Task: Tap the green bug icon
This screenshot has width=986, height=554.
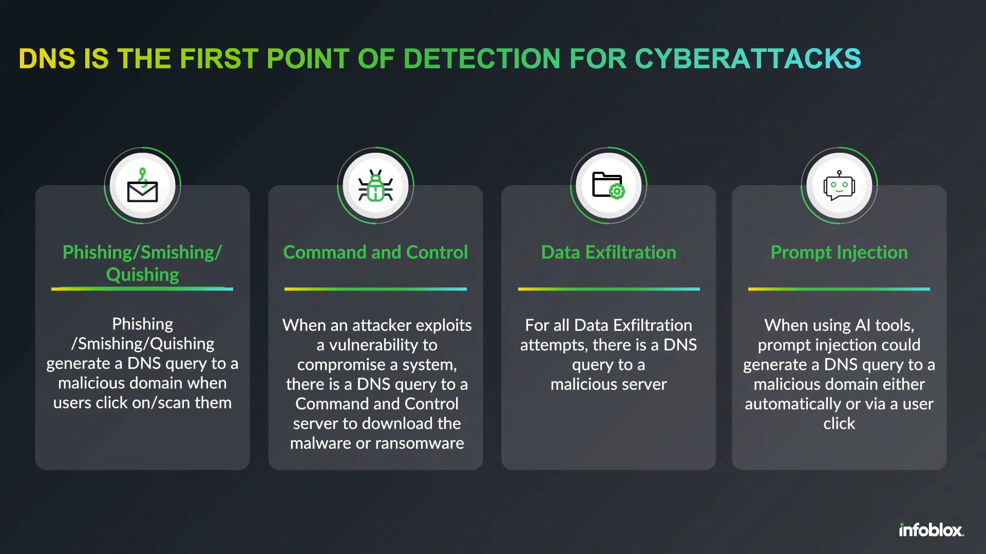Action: (375, 186)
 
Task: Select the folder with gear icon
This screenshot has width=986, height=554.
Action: (608, 186)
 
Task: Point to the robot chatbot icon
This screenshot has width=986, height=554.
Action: (839, 186)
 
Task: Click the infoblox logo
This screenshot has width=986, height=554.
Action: (931, 530)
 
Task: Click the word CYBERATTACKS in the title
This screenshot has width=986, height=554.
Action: (748, 58)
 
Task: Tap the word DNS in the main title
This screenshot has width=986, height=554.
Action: (47, 58)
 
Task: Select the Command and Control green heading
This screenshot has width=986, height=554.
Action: (375, 252)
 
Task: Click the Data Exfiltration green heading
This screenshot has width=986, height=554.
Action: (609, 252)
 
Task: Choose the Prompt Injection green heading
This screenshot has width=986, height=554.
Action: (839, 252)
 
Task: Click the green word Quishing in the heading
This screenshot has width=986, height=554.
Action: (142, 275)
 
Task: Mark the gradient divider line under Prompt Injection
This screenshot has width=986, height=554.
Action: (839, 289)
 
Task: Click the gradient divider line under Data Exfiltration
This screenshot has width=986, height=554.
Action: (609, 289)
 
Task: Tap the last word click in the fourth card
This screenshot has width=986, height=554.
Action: (839, 424)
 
